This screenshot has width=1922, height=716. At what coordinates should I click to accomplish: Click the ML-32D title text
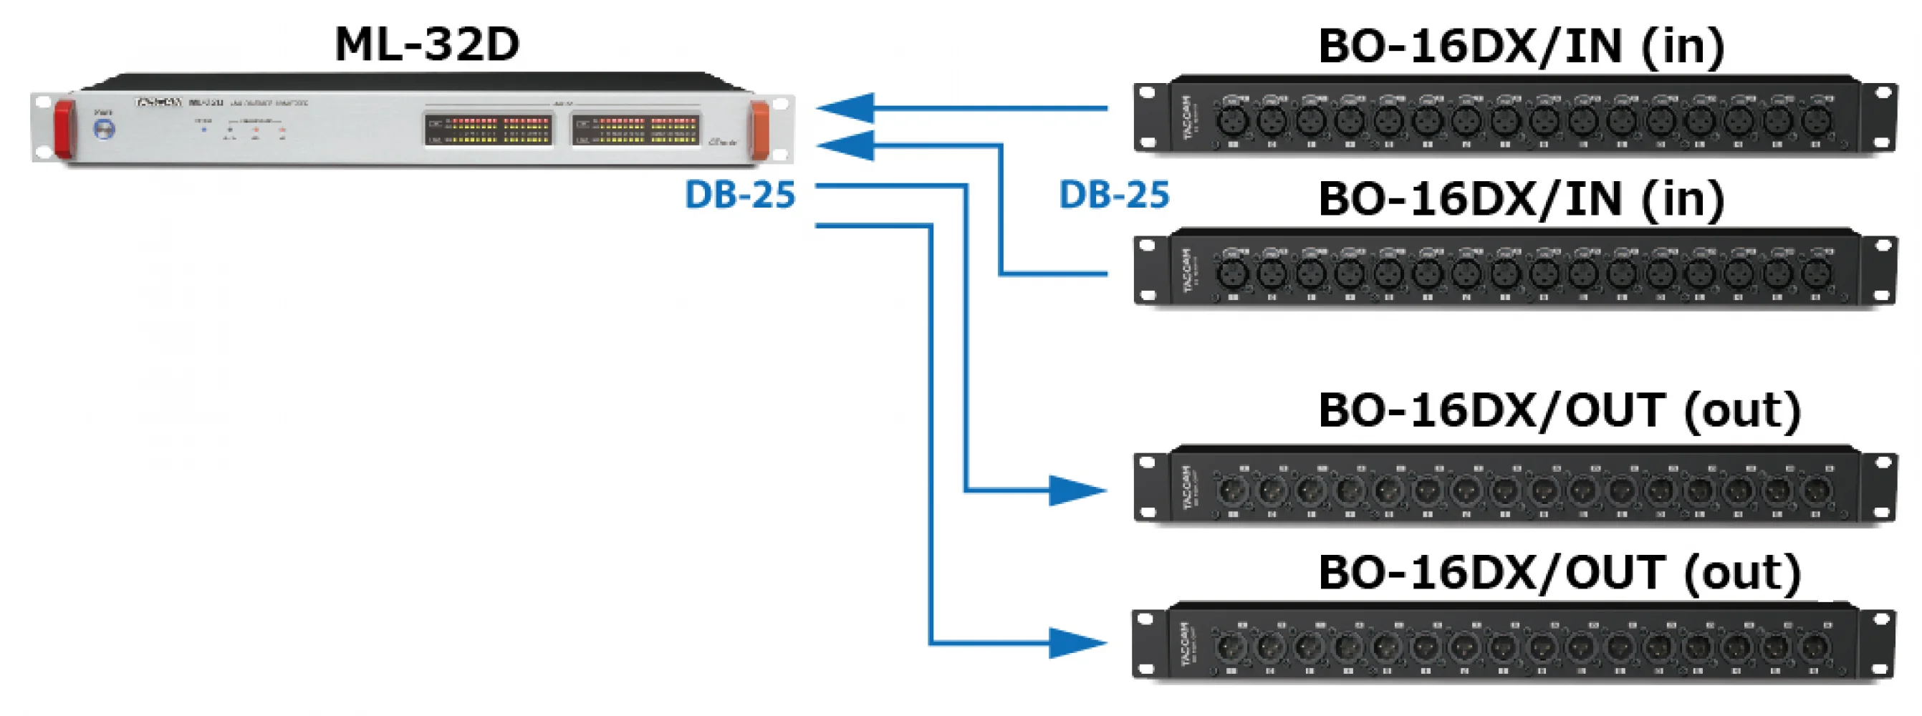point(427,44)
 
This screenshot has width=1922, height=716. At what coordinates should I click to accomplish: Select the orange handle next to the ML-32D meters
point(760,130)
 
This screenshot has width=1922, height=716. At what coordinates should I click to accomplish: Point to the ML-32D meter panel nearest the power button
point(489,129)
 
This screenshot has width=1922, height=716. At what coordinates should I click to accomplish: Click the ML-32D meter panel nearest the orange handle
point(636,129)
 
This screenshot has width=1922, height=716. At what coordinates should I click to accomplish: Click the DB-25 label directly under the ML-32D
point(740,195)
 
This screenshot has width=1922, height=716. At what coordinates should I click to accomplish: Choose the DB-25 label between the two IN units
point(1114,195)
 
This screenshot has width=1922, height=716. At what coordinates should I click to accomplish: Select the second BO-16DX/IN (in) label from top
point(1522,199)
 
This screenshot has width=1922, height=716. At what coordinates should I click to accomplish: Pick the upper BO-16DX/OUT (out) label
point(1560,410)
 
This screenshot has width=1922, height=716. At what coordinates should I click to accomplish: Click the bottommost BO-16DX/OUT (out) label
point(1560,573)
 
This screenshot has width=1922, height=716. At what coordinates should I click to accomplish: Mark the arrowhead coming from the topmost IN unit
point(846,108)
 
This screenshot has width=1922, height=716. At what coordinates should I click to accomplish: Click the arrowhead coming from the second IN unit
point(846,145)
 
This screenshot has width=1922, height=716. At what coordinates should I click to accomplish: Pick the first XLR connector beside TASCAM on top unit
point(1231,121)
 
